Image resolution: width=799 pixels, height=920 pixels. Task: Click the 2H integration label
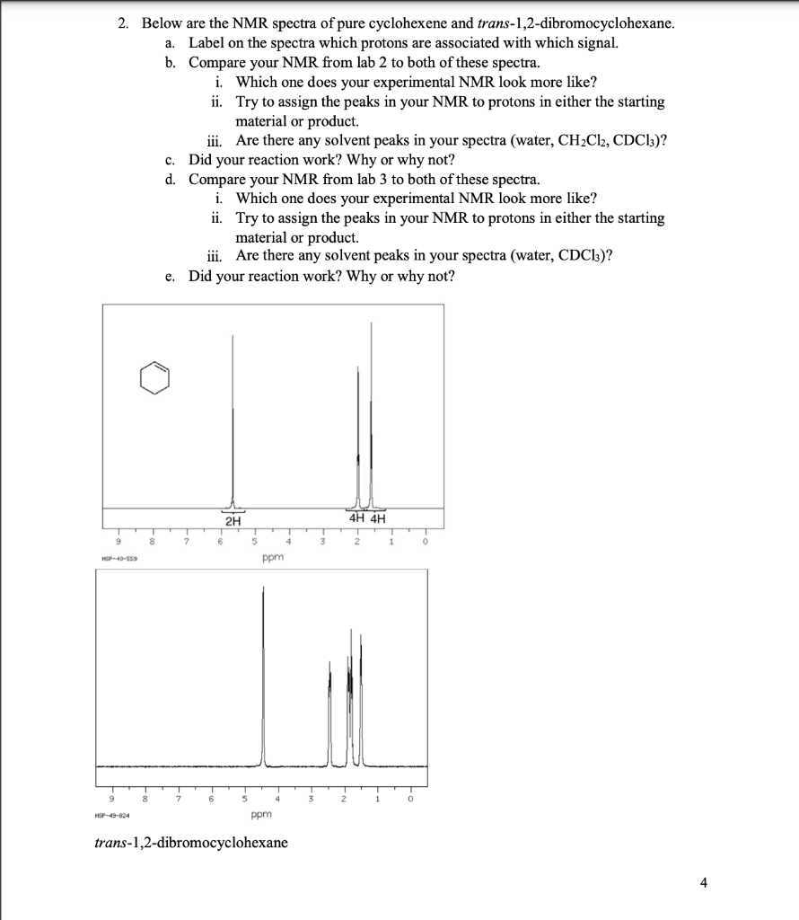pyautogui.click(x=233, y=520)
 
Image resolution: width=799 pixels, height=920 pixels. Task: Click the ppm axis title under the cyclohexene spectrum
pyautogui.click(x=273, y=558)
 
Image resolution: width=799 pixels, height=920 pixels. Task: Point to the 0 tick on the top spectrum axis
pyautogui.click(x=426, y=541)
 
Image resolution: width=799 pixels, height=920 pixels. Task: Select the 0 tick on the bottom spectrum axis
pyautogui.click(x=412, y=797)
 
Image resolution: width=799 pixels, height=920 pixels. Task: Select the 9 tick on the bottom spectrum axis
pyautogui.click(x=111, y=797)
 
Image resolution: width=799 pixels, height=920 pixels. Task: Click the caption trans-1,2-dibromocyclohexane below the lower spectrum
pyautogui.click(x=191, y=843)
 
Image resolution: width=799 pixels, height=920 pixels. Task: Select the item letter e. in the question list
pyautogui.click(x=171, y=276)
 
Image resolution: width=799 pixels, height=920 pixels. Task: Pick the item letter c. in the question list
pyautogui.click(x=171, y=160)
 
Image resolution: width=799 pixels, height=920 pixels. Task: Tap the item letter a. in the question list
pyautogui.click(x=171, y=43)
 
